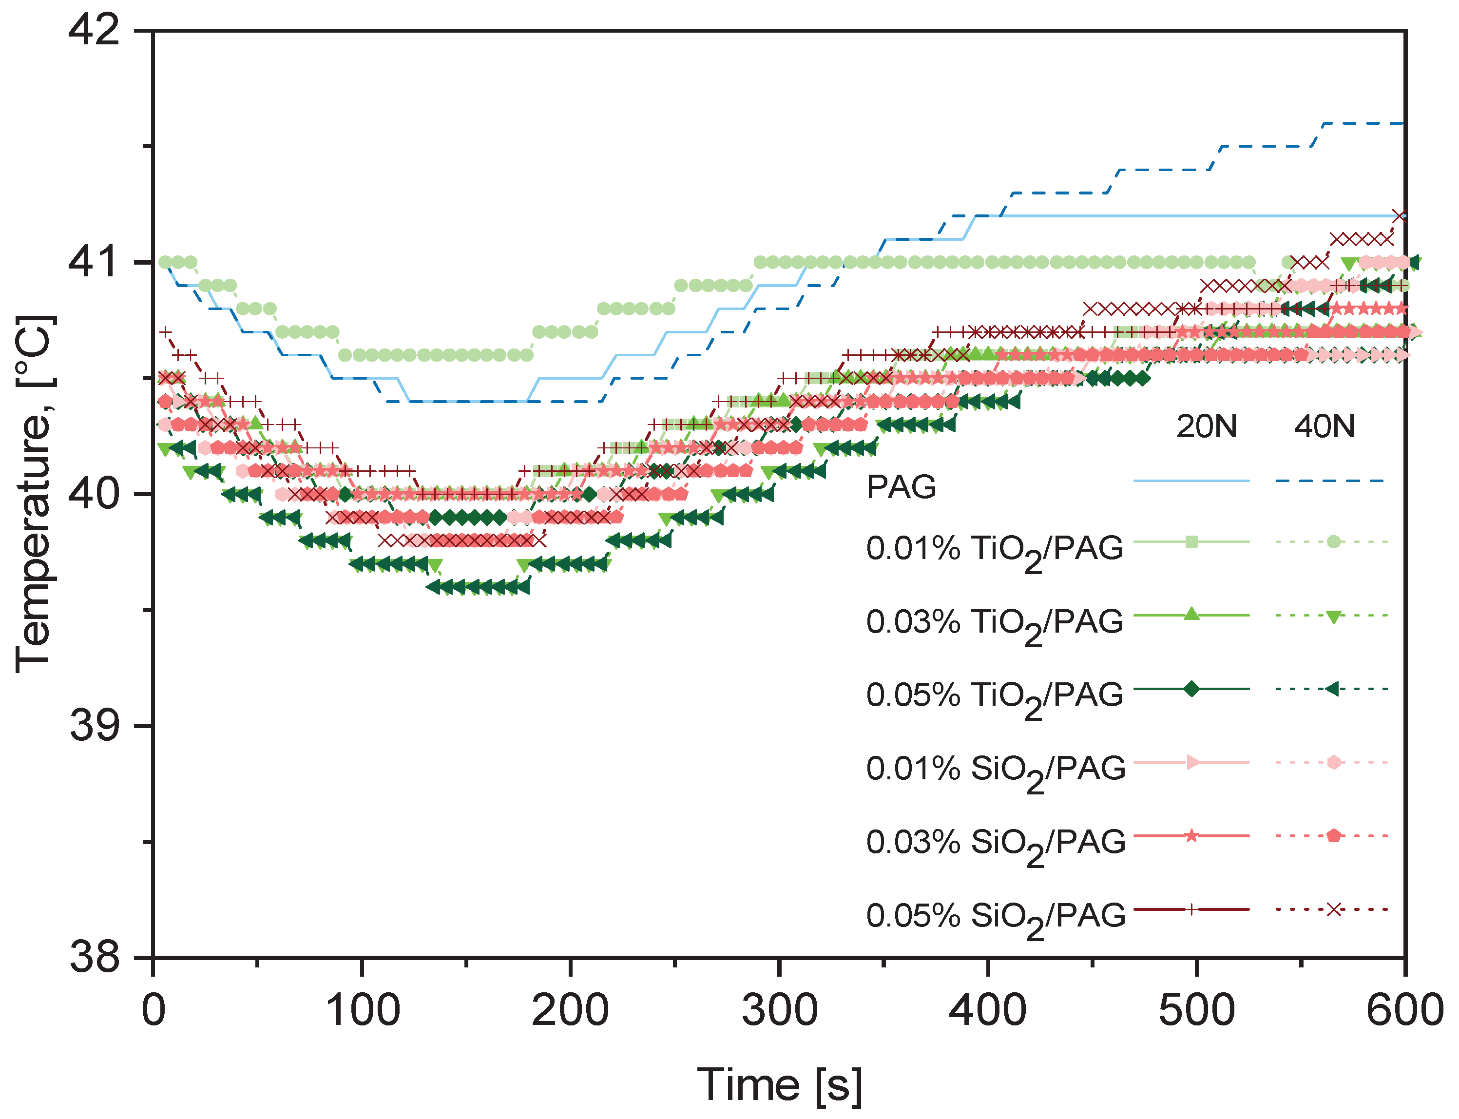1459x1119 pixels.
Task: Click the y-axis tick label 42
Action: pyautogui.click(x=94, y=31)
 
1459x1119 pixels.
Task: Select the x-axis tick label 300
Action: pyautogui.click(x=779, y=1010)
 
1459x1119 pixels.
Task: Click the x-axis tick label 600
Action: pyautogui.click(x=1404, y=1010)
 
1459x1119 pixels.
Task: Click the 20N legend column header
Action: pyautogui.click(x=1206, y=426)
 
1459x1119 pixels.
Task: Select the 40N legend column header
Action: pyautogui.click(x=1324, y=426)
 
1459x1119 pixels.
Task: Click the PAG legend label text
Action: pyautogui.click(x=901, y=487)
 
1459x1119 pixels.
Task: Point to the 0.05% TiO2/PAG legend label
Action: pyautogui.click(x=995, y=696)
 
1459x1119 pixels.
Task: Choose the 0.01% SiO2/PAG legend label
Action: pyautogui.click(x=995, y=769)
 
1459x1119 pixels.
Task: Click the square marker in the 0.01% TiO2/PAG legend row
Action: pyautogui.click(x=1192, y=541)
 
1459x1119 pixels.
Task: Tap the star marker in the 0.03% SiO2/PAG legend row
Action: pyautogui.click(x=1192, y=836)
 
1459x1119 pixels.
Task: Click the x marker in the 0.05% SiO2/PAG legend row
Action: pyautogui.click(x=1333, y=909)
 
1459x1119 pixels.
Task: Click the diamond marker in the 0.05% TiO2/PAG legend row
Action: pyautogui.click(x=1192, y=689)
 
